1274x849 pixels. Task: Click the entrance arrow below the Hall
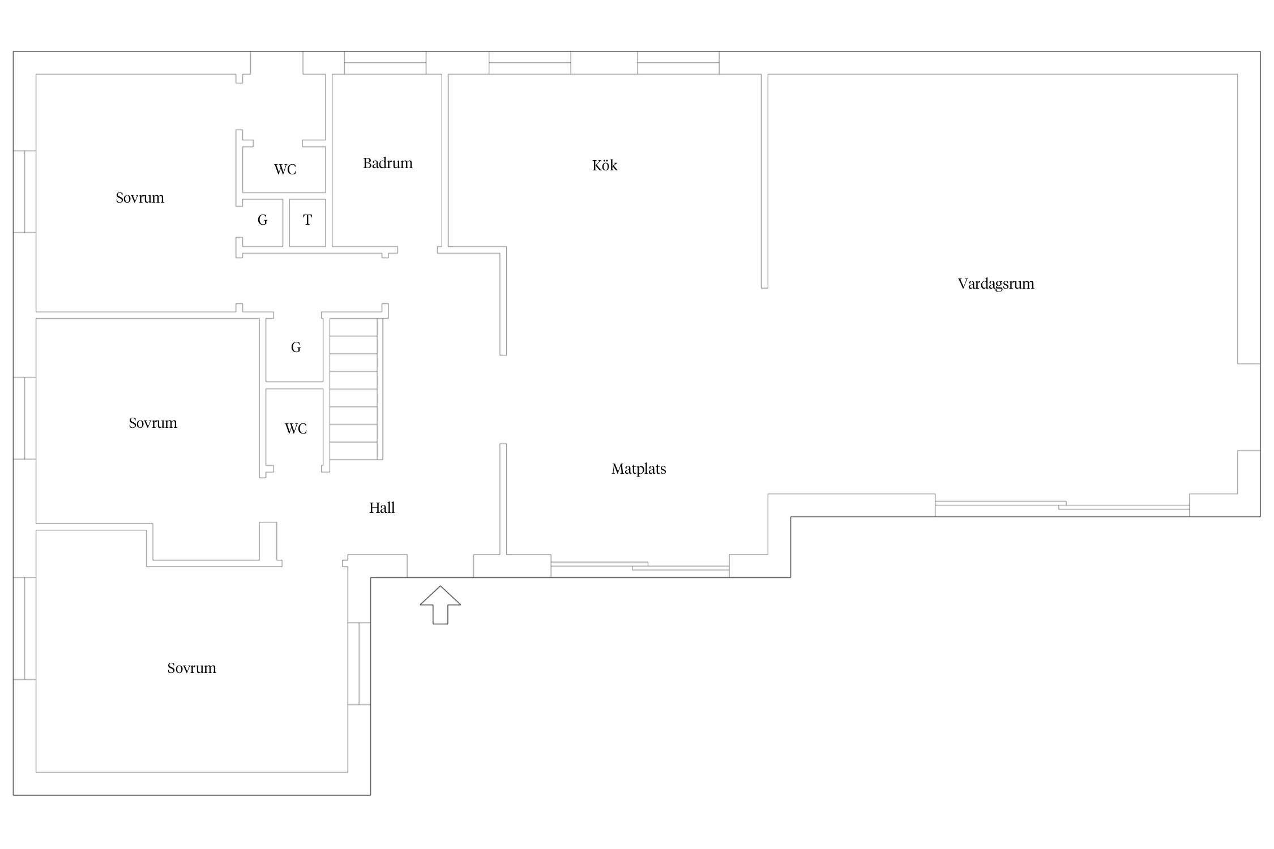(440, 605)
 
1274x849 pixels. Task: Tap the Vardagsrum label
(996, 284)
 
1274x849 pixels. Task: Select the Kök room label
(605, 165)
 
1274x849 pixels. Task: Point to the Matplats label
(639, 469)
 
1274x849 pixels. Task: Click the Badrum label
(388, 163)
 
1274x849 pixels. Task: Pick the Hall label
(382, 508)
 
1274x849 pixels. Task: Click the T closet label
(307, 220)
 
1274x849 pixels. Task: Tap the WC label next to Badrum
(285, 169)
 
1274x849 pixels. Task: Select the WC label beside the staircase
(296, 428)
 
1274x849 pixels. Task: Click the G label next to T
(262, 220)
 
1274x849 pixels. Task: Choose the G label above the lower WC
(296, 347)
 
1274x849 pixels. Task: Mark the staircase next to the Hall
(353, 389)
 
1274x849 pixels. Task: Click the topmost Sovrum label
(140, 198)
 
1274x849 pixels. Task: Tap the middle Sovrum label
(153, 423)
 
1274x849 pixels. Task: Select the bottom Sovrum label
(191, 668)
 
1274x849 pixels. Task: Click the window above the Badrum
(385, 63)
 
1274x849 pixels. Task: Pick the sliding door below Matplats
(640, 566)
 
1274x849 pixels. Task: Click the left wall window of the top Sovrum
(25, 191)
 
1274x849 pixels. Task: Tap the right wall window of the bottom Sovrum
(359, 663)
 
